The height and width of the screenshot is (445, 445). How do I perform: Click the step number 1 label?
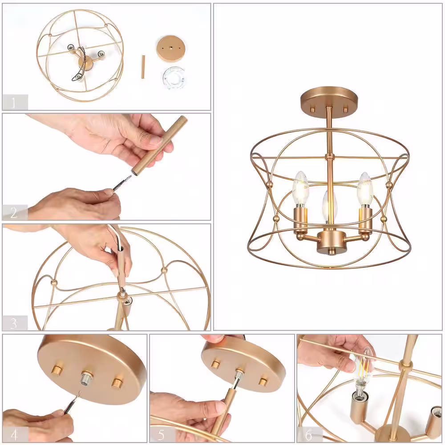click(x=13, y=102)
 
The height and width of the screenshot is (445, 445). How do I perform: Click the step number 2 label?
click(x=14, y=213)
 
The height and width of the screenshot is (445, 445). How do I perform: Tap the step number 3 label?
click(x=14, y=323)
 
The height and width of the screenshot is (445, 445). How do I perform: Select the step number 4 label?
click(x=15, y=434)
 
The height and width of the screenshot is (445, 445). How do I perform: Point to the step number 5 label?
click(x=161, y=435)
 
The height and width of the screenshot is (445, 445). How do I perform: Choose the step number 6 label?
click(x=308, y=435)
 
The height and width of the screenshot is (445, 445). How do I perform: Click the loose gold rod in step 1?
click(x=143, y=67)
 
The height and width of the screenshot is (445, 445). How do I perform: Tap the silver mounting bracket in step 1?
click(x=174, y=77)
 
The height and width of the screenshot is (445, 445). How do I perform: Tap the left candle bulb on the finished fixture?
click(x=301, y=189)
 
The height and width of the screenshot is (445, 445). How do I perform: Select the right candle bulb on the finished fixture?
click(x=365, y=189)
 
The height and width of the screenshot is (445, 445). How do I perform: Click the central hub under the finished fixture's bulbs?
click(x=329, y=242)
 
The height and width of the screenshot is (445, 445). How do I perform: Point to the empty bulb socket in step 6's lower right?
click(x=436, y=418)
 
